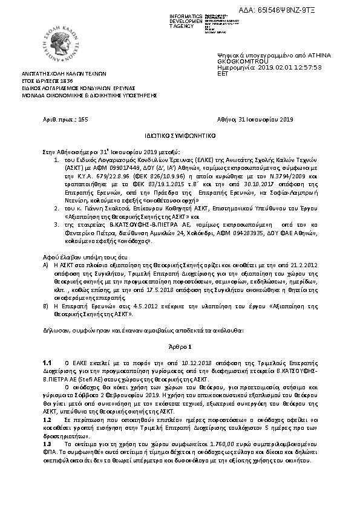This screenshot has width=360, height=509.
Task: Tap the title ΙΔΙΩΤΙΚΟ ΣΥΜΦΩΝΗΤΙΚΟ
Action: pyautogui.click(x=179, y=136)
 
